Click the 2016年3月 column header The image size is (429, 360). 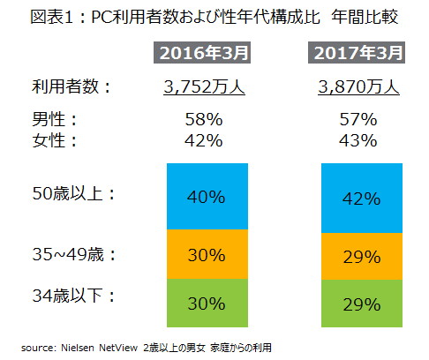click(205, 53)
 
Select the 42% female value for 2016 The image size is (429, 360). click(205, 139)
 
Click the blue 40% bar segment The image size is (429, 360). click(205, 196)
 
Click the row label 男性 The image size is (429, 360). click(49, 118)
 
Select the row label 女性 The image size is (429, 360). click(49, 139)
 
